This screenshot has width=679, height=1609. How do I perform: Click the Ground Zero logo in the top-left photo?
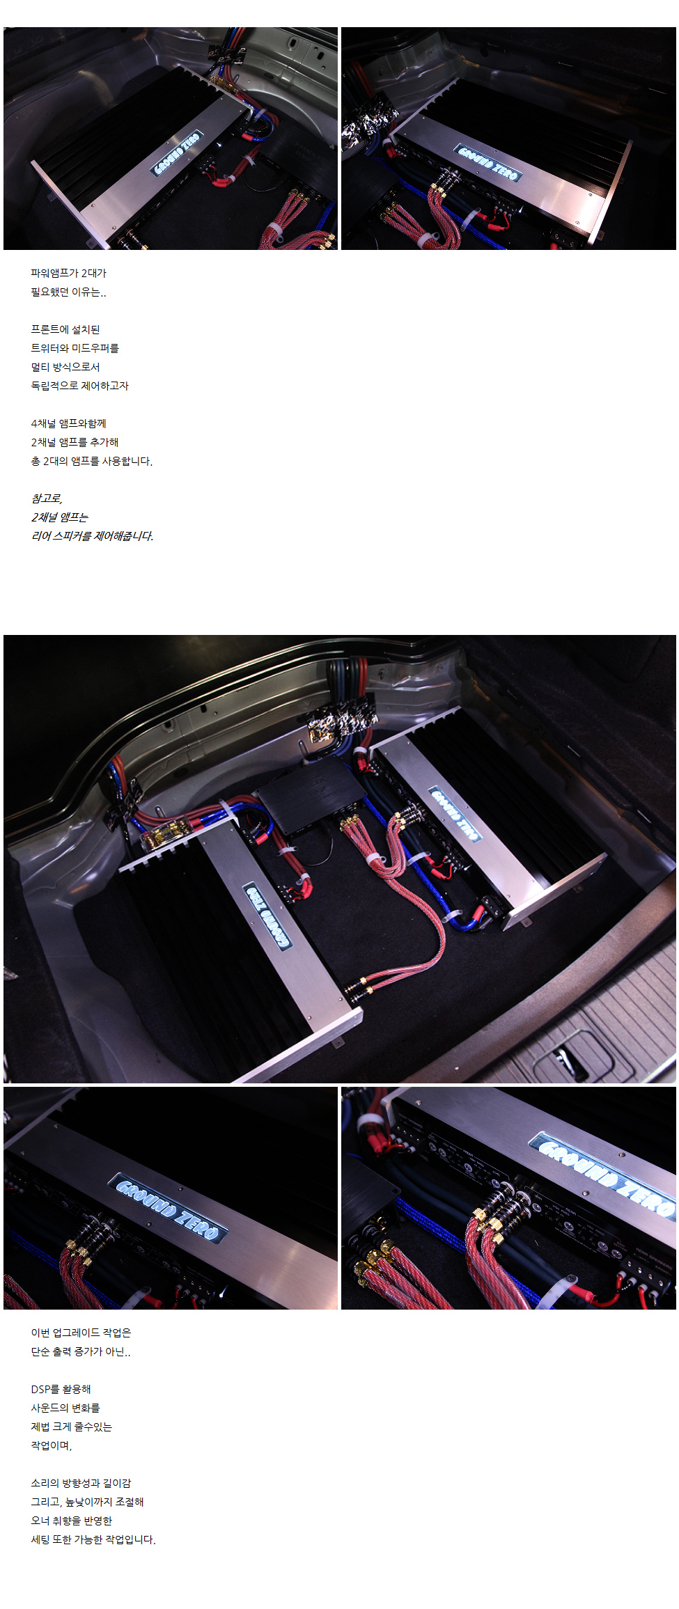click(178, 152)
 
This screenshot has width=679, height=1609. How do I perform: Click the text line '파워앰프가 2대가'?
click(68, 273)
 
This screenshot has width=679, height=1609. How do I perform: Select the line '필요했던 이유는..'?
click(68, 292)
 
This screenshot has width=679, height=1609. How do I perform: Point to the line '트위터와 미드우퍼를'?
click(75, 348)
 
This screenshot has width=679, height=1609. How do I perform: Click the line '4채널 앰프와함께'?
click(68, 423)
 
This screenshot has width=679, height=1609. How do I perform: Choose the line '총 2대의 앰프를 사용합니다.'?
click(91, 461)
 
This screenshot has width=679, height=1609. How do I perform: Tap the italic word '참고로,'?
click(47, 499)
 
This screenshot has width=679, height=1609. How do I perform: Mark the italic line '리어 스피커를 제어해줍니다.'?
click(92, 536)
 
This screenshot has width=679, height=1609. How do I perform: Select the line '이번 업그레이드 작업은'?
click(81, 1333)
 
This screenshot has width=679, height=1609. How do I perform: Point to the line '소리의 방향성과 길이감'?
click(81, 1483)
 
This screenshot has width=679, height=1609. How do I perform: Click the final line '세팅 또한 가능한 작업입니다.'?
click(93, 1539)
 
